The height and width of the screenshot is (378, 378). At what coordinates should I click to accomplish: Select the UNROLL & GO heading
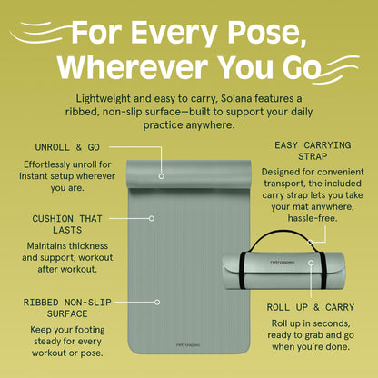[x=67, y=147]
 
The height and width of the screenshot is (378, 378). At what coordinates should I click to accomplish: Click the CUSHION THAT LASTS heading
[x=67, y=224]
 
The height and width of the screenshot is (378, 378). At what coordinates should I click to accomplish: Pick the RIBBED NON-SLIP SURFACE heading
[x=67, y=308]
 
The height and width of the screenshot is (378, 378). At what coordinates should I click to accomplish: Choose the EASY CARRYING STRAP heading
[x=313, y=151]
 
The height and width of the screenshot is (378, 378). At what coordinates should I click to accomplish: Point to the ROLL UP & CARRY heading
[x=311, y=307]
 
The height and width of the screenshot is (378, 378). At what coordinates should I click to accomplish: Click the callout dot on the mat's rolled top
[x=162, y=176]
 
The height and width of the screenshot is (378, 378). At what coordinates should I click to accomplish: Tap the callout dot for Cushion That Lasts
[x=152, y=218]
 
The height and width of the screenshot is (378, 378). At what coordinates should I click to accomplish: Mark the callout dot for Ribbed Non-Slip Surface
[x=157, y=302]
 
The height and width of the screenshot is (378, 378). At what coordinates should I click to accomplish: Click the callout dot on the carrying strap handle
[x=310, y=243]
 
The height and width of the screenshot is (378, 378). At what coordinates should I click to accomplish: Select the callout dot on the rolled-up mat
[x=311, y=263]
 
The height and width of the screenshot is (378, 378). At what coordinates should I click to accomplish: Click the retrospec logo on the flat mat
[x=188, y=344]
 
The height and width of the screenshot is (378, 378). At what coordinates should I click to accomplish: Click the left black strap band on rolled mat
[x=243, y=270]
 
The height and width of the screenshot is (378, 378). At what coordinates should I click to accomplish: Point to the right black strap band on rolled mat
[x=323, y=270]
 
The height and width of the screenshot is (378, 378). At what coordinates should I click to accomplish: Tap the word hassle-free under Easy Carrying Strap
[x=313, y=218]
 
